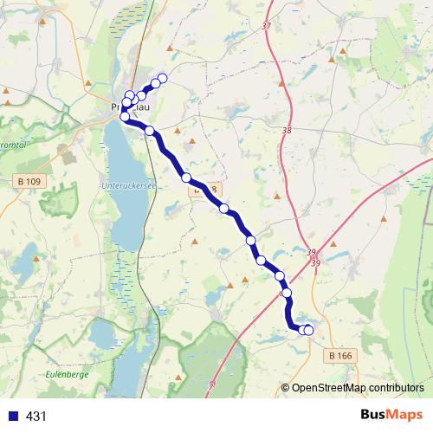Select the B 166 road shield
343,355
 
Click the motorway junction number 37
265,26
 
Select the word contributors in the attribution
395,388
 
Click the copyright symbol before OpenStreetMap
285,388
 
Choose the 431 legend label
36,417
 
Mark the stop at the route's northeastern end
162,78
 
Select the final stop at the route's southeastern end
308,330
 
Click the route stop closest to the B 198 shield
186,178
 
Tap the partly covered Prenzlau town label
130,107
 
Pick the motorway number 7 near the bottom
211,381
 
